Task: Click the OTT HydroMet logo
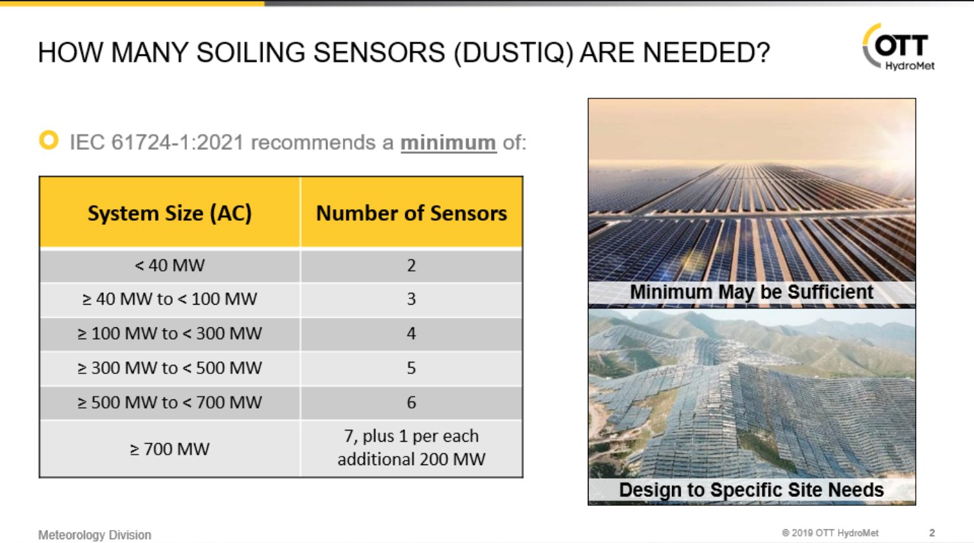click(x=899, y=47)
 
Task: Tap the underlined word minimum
click(x=448, y=142)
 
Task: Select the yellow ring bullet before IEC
click(x=49, y=140)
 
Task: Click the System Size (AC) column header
click(x=169, y=213)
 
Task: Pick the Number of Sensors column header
click(x=411, y=213)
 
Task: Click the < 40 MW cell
click(x=169, y=265)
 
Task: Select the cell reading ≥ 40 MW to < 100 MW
click(x=169, y=299)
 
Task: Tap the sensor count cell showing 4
click(x=411, y=333)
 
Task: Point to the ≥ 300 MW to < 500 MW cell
click(x=169, y=368)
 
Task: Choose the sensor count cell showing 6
click(x=411, y=402)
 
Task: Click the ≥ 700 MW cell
click(x=169, y=449)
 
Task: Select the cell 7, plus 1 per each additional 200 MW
click(x=411, y=448)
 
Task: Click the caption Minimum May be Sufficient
click(x=751, y=292)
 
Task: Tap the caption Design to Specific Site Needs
click(x=751, y=490)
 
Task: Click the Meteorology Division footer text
click(x=95, y=535)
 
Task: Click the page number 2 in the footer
click(x=932, y=533)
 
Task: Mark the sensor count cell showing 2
click(x=411, y=265)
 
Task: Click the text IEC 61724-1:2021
click(x=156, y=142)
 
